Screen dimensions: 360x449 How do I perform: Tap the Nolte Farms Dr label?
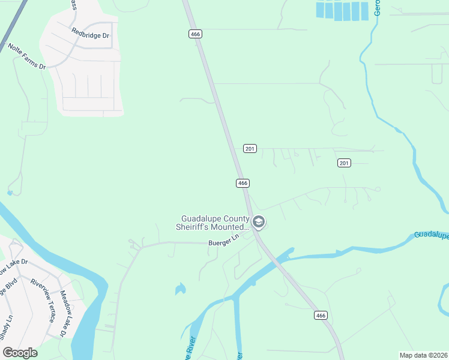(26, 56)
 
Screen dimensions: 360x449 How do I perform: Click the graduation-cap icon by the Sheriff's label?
(259, 223)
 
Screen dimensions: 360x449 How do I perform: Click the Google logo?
(20, 353)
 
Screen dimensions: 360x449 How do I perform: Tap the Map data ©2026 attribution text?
(423, 355)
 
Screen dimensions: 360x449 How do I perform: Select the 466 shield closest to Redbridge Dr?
(195, 34)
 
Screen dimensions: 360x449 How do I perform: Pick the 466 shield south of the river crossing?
(321, 316)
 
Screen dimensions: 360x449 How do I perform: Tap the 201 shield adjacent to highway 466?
(250, 148)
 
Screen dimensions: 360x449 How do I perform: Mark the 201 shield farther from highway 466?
(344, 163)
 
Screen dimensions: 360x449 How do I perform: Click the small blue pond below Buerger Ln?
(180, 290)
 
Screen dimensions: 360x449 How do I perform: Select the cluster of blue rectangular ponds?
(343, 10)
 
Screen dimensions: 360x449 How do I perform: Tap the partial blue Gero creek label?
(378, 7)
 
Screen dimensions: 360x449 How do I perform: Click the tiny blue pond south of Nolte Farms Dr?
(10, 193)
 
